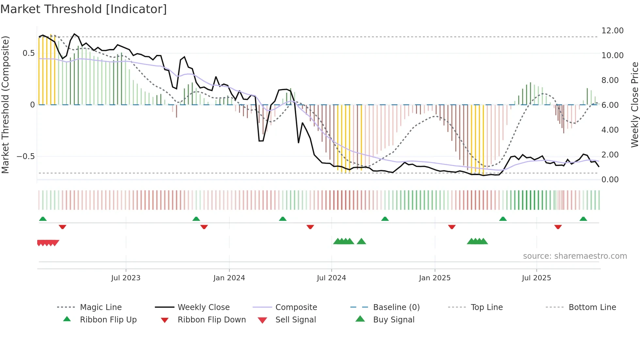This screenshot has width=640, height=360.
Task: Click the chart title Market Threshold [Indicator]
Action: click(x=84, y=9)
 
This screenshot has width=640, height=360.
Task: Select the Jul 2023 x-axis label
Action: click(x=126, y=278)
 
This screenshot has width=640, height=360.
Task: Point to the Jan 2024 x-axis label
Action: click(x=229, y=278)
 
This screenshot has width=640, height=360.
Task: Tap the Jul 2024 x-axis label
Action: click(x=331, y=278)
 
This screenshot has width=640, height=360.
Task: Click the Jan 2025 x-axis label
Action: click(x=435, y=278)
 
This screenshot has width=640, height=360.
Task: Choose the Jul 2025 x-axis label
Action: click(x=536, y=278)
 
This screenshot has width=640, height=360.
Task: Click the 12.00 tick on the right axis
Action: click(x=612, y=31)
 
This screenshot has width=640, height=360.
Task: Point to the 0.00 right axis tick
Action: click(x=610, y=180)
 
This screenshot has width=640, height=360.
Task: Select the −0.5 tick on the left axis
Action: click(x=26, y=156)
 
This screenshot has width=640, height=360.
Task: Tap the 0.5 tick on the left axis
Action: click(x=28, y=53)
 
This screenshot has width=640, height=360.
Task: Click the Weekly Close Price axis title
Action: click(x=634, y=105)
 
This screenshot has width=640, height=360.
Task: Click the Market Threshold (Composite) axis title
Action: click(x=5, y=105)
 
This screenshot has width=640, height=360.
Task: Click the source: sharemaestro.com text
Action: click(x=575, y=256)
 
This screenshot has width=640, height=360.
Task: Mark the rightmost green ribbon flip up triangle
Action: click(x=583, y=219)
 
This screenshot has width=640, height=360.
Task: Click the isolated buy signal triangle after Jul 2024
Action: click(x=361, y=241)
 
